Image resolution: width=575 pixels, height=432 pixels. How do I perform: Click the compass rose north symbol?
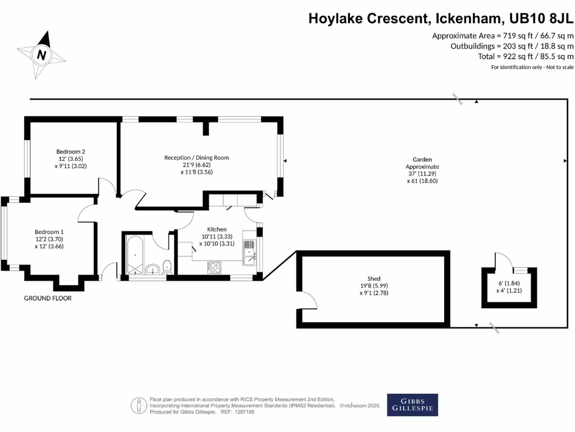click(42, 55)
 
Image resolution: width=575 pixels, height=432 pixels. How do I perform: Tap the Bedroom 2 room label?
click(71, 151)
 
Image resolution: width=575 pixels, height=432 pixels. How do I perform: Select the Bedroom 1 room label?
click(49, 232)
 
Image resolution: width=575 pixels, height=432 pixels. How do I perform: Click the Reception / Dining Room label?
click(197, 157)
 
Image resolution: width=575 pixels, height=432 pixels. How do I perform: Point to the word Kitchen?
click(217, 229)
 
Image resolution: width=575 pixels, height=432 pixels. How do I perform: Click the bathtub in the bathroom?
click(135, 255)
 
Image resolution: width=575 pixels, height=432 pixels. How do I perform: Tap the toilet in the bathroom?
click(167, 267)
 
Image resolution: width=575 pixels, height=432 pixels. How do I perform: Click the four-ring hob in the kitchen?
click(215, 268)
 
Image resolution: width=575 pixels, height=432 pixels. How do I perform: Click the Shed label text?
click(374, 278)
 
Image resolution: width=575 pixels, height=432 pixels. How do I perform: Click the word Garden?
click(422, 160)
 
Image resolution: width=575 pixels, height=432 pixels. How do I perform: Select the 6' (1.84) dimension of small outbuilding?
click(508, 283)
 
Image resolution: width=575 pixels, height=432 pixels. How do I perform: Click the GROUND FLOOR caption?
click(48, 298)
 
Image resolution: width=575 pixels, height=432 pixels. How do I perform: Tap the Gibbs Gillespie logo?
click(413, 404)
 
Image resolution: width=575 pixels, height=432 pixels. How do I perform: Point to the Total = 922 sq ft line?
click(527, 56)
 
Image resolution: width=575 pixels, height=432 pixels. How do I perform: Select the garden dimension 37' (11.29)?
click(422, 174)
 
